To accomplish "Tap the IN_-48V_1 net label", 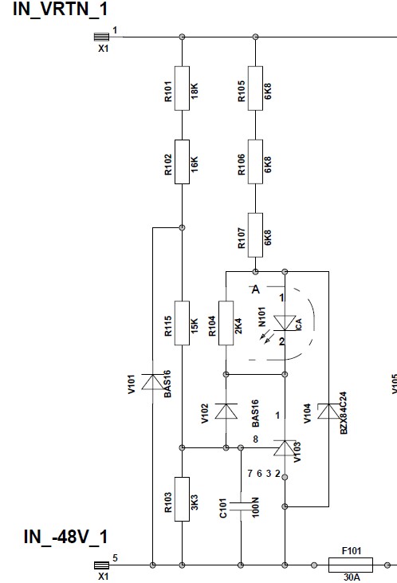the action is (x=65, y=537).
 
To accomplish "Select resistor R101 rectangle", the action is (x=182, y=89).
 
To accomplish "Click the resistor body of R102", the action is (x=182, y=162).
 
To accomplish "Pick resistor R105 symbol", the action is (x=255, y=89).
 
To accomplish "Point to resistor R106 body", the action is (x=255, y=162).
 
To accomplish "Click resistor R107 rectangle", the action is (x=255, y=235).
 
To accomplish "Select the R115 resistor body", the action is (x=182, y=323).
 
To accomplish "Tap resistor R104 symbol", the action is (x=226, y=323).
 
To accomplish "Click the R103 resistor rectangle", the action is (x=182, y=499).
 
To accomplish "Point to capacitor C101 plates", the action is (x=241, y=506).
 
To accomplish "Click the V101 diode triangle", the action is (x=152, y=382).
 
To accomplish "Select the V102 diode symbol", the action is (x=226, y=412).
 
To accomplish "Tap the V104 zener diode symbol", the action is (x=328, y=412).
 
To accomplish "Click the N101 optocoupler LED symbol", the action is (x=285, y=323).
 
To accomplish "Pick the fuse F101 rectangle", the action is (x=351, y=565).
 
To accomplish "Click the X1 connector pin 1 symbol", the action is (x=101, y=37).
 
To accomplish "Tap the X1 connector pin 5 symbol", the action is (x=101, y=565).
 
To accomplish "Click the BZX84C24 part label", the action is (x=344, y=412).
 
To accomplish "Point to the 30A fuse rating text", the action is (x=352, y=577).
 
